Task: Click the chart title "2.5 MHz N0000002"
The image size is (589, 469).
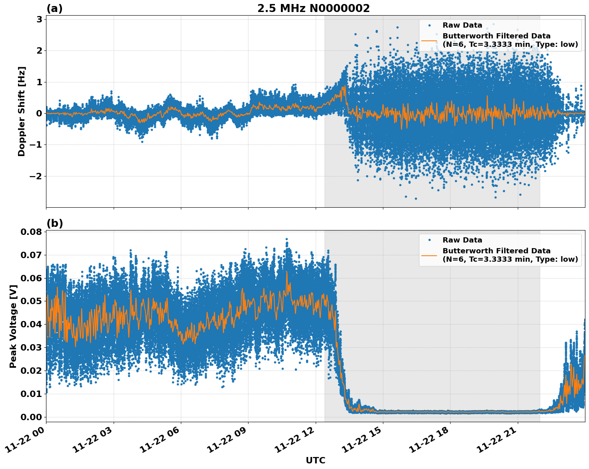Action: (x=313, y=8)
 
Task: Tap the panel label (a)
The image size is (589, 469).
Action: (x=54, y=8)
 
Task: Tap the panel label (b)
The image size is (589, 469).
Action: (x=54, y=223)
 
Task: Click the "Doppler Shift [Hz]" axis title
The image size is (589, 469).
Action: (x=22, y=111)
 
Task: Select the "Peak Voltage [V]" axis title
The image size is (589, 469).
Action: (x=13, y=326)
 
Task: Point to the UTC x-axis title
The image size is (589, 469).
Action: (x=315, y=460)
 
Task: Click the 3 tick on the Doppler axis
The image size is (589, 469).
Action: (x=39, y=19)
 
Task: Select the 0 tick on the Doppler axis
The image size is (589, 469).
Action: (x=39, y=114)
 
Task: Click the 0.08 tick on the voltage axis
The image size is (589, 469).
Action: (x=32, y=232)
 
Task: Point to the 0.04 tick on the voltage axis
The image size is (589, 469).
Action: (x=32, y=325)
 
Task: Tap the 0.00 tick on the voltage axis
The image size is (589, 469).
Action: (x=32, y=417)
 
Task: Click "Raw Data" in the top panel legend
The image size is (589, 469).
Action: (x=462, y=26)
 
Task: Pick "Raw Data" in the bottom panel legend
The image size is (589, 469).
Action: (x=462, y=240)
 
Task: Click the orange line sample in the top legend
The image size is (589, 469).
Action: (x=429, y=40)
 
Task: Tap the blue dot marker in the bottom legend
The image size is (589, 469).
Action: (x=429, y=240)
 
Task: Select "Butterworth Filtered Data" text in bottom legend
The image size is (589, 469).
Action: (x=496, y=251)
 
